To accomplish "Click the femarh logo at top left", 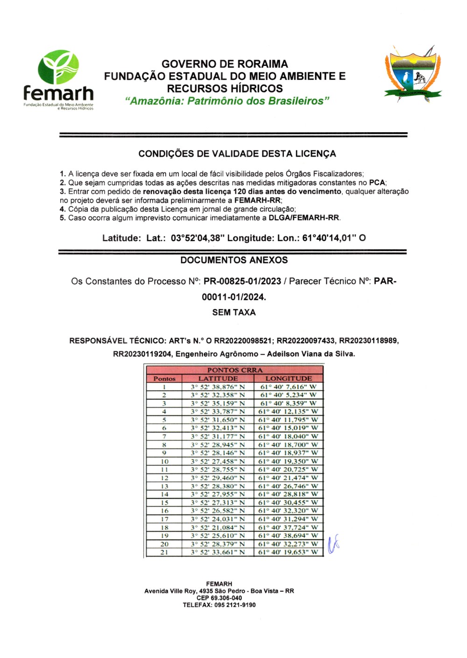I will coord(58,79).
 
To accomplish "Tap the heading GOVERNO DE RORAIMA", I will coord(225,64).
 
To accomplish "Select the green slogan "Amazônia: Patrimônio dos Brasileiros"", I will coord(227,101).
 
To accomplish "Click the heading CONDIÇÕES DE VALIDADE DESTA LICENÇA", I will coord(237,154).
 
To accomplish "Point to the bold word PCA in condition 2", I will coord(377,183).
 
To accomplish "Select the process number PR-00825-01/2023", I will coord(242,281).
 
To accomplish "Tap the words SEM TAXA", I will coord(233,312).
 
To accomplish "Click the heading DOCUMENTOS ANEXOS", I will coord(234,260).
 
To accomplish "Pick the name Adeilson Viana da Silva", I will coord(311,354).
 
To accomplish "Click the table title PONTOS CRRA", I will coord(235,370).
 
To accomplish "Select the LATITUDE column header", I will coord(218,378).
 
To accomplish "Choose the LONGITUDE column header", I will coord(288,378).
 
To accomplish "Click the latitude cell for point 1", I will coord(218,386).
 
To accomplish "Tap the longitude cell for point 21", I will coord(288,552).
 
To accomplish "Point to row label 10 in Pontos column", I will coord(164,461).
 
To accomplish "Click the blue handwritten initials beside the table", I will coord(333,544).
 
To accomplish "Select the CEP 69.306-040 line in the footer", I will coord(219,598).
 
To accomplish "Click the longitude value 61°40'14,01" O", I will coord(334,238).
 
